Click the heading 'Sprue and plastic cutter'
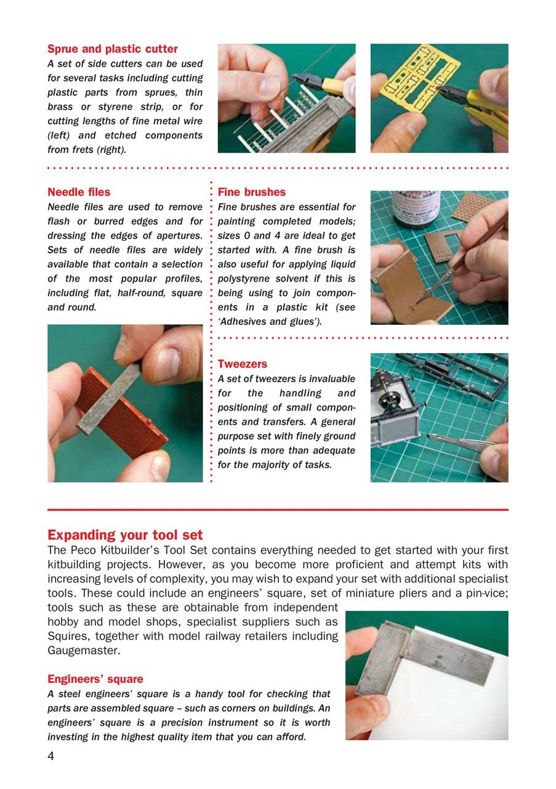112,49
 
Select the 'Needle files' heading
79,192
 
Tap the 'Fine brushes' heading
251,192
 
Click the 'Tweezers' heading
242,364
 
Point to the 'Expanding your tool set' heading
125,534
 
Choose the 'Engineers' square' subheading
95,679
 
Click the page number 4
51,756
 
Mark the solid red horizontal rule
278,510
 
